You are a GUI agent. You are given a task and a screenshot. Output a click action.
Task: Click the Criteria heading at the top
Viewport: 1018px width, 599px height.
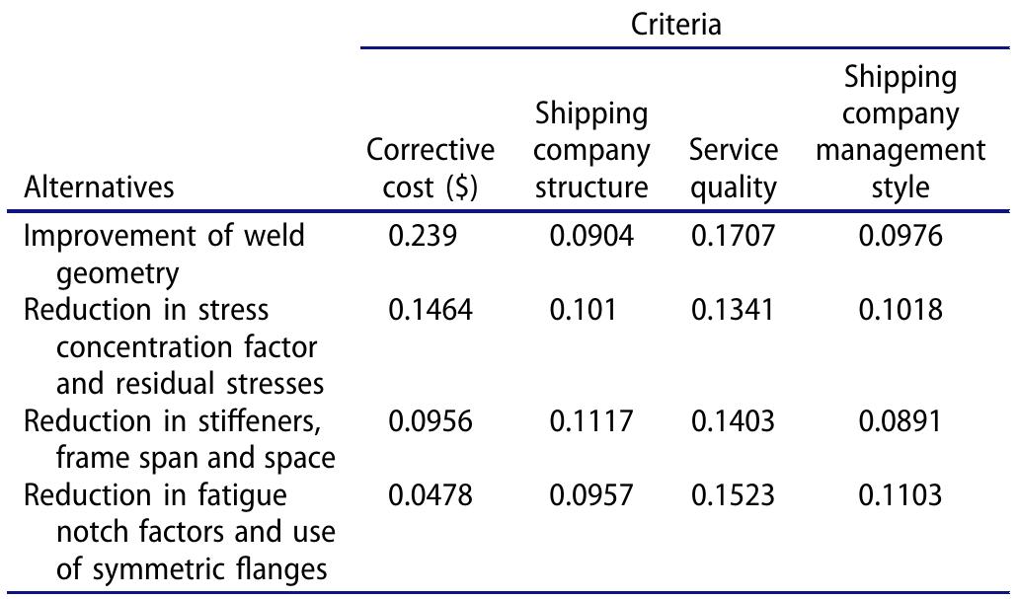coord(675,25)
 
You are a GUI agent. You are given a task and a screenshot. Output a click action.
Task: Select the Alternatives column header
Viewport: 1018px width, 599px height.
coord(99,187)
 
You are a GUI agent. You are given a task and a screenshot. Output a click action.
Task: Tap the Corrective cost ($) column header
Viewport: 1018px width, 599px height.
coord(431,169)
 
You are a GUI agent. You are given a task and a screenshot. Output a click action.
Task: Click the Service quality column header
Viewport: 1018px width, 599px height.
coord(734,169)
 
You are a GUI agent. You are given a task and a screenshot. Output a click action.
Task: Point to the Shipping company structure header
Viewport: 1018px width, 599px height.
coord(592,150)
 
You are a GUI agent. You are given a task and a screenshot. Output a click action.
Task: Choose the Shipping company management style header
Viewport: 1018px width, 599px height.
coord(900,131)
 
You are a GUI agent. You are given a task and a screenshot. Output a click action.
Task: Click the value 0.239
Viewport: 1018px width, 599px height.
coord(423,237)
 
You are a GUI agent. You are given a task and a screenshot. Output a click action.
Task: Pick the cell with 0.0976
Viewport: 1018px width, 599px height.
coord(901,237)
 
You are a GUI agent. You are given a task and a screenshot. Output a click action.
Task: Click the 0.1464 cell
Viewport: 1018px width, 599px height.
coord(431,310)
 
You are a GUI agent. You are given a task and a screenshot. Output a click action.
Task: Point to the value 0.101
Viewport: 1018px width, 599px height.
coord(583,310)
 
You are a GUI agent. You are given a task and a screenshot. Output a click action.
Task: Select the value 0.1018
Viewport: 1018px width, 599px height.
coord(901,310)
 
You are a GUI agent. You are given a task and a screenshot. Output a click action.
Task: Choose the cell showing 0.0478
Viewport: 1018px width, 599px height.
coord(431,495)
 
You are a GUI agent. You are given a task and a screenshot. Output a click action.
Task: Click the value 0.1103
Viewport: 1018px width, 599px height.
coord(901,495)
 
